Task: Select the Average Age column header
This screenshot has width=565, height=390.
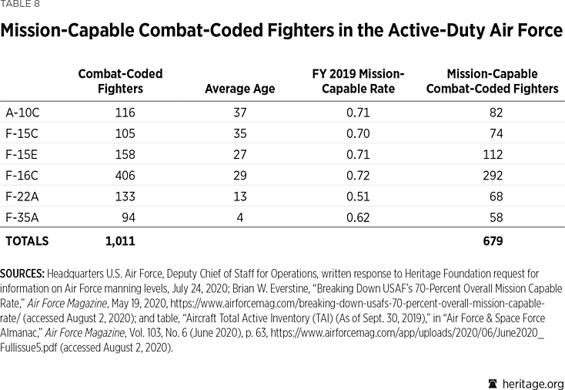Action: point(239,89)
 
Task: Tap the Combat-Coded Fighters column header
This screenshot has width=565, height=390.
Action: point(121,81)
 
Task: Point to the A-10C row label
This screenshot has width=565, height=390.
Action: point(22,113)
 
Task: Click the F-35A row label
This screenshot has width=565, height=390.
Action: point(22,218)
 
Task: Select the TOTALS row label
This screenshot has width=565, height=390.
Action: point(27,241)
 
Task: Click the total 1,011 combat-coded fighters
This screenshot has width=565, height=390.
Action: point(120,241)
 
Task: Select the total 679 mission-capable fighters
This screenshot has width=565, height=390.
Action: point(491,241)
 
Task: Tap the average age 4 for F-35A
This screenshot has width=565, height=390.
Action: point(239,218)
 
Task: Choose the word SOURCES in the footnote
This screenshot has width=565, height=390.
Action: point(23,274)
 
